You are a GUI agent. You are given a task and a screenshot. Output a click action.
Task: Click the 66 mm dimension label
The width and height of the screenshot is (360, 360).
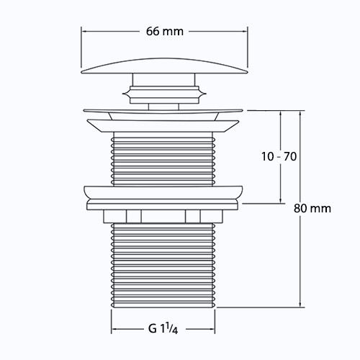[165, 32]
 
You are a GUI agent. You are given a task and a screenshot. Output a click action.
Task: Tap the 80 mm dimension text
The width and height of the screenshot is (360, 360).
[312, 208]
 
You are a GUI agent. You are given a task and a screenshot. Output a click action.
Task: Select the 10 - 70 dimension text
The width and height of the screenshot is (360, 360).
[279, 156]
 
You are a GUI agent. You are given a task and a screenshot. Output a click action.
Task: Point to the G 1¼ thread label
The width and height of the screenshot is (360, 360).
[163, 328]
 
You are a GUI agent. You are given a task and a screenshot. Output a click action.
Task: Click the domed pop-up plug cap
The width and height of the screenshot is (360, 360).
[164, 66]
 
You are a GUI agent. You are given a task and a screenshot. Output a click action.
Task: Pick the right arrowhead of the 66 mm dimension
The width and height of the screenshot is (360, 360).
[245, 31]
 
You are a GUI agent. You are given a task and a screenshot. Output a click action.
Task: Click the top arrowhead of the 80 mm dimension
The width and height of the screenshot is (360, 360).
[300, 114]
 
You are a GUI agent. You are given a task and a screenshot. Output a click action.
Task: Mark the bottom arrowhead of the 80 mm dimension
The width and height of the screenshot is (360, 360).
[300, 304]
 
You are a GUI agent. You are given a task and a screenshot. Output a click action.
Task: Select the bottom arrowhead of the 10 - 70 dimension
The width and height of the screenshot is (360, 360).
[281, 200]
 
